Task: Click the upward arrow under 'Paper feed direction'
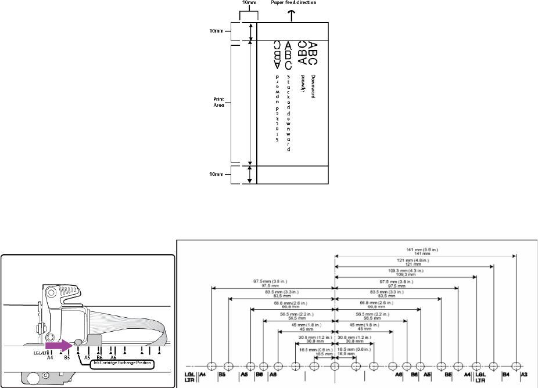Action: pyautogui.click(x=291, y=16)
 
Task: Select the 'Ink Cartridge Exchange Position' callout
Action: pyautogui.click(x=121, y=364)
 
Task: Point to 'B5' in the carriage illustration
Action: pyautogui.click(x=67, y=358)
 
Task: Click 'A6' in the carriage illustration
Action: pyautogui.click(x=114, y=358)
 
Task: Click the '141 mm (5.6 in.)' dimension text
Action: pyautogui.click(x=424, y=251)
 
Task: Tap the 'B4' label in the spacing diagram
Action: pyautogui.click(x=505, y=375)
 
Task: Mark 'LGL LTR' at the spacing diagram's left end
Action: pyautogui.click(x=189, y=378)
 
